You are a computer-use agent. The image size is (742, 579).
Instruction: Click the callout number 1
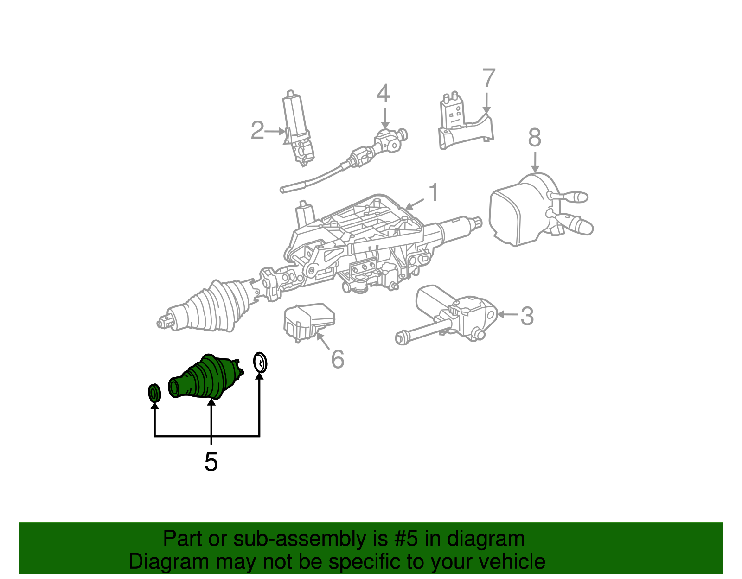click(433, 192)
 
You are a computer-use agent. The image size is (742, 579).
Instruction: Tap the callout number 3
click(527, 316)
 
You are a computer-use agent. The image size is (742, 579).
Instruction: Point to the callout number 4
click(383, 94)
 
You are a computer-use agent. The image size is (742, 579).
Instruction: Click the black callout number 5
click(211, 462)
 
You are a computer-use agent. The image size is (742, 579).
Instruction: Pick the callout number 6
click(338, 359)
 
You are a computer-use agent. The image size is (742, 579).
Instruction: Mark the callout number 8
click(534, 138)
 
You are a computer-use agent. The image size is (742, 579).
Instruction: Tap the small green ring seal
click(154, 393)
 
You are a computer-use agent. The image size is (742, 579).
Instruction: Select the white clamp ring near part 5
click(260, 362)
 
